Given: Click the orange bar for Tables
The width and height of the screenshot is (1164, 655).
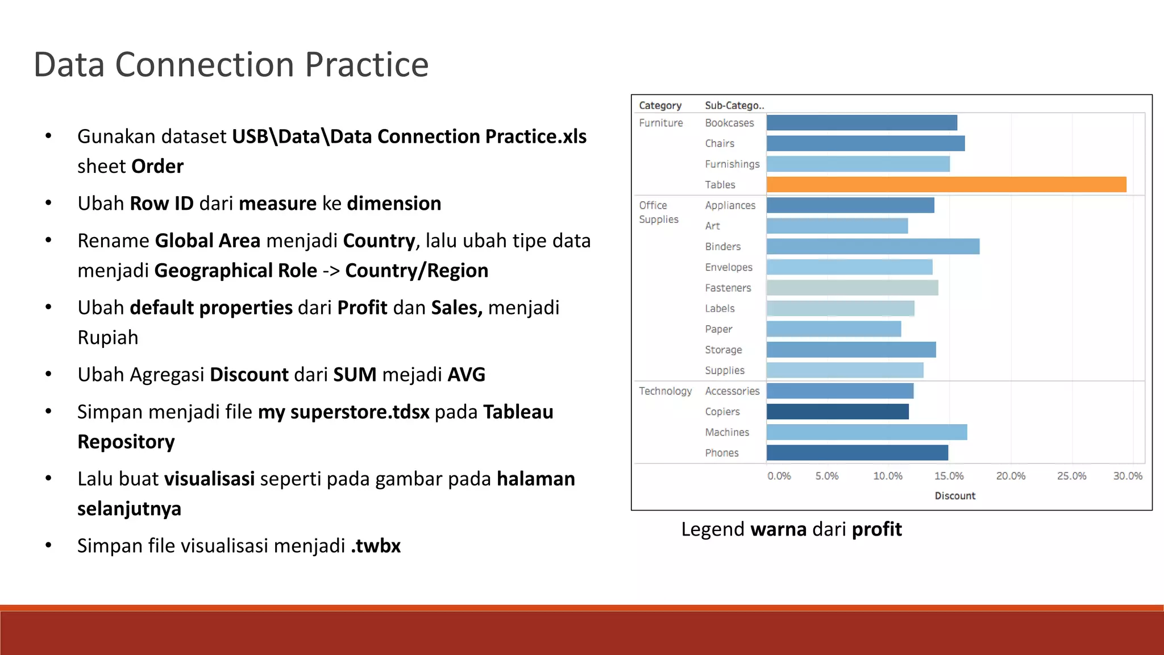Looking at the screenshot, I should point(946,184).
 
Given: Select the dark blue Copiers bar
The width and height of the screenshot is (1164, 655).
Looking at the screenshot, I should point(837,412).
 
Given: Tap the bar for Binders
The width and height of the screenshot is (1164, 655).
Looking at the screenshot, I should point(872,246).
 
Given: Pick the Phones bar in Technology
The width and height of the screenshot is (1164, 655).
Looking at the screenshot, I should point(857,453).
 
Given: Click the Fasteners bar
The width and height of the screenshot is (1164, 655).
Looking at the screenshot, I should point(851,288).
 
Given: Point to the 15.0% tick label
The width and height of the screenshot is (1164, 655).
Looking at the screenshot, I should point(949,476).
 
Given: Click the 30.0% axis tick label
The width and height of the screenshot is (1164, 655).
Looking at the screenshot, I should point(1127,476).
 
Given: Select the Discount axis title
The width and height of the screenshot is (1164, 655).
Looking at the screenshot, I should point(954,496).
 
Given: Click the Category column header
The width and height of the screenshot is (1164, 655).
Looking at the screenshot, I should point(659,105).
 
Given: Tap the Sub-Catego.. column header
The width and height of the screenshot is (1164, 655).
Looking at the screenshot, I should point(734,105).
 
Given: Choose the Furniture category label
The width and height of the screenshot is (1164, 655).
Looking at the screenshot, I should point(660,123).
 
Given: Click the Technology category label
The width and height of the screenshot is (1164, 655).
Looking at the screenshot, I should point(665,391).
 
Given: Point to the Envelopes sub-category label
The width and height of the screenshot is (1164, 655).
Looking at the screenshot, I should point(728,267).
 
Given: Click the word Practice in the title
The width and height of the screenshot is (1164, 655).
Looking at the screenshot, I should point(367,64).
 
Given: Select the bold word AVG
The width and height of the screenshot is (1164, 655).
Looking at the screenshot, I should point(466,375).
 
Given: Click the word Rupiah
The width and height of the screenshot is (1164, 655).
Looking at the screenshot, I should point(108,338).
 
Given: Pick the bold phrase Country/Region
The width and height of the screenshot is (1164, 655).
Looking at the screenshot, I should point(417,271).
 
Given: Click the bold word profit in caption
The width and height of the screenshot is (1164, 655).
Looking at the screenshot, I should point(876,529).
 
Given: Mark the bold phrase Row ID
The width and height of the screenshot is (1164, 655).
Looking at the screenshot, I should point(161,204).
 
